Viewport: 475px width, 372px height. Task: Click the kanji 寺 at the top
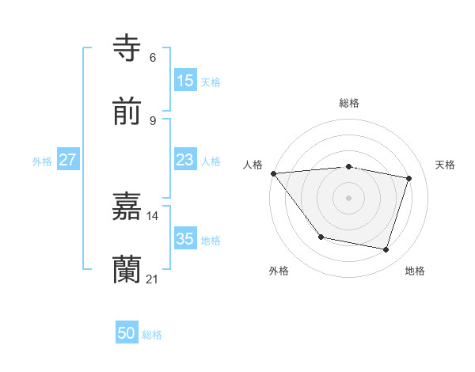pos(127,47)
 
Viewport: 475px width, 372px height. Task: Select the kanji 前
pos(127,112)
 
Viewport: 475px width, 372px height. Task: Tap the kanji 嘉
pos(127,207)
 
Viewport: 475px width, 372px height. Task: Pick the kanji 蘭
pos(127,270)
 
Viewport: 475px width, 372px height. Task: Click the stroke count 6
pos(153,57)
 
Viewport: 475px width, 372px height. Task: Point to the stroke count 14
pos(153,215)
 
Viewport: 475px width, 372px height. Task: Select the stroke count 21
pos(153,279)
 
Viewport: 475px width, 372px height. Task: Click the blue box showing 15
pos(184,80)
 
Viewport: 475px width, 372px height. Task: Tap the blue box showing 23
pos(184,160)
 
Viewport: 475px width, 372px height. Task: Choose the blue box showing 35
pos(184,239)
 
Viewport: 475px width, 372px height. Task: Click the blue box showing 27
pos(67,160)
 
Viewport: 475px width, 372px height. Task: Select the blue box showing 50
pos(127,333)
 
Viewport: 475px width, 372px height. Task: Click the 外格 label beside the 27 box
pos(42,161)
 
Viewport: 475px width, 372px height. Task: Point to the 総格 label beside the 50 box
pos(152,335)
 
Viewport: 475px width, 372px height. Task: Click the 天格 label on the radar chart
pos(445,165)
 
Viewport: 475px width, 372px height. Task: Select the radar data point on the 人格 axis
pos(273,173)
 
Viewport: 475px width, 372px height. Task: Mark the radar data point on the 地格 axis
pos(386,250)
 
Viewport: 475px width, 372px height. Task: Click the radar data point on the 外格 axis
pos(321,237)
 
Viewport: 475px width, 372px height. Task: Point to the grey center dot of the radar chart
pos(348,197)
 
